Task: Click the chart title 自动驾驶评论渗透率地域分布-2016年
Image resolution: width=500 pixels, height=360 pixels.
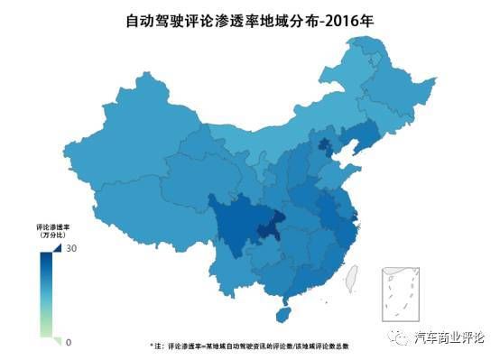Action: [249, 18]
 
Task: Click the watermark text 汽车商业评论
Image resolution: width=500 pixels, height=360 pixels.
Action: [449, 338]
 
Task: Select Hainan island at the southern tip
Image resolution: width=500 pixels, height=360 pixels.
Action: [283, 314]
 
